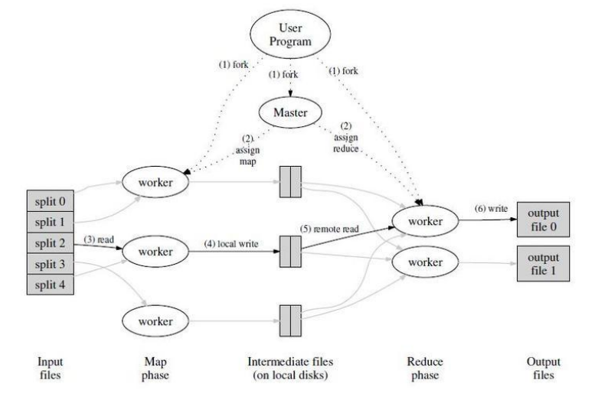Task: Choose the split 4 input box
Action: click(50, 284)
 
